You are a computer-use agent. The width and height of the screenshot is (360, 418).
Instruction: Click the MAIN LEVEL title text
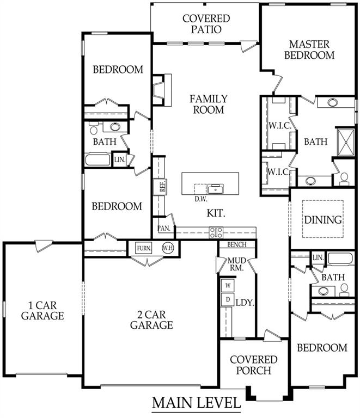tap(197, 403)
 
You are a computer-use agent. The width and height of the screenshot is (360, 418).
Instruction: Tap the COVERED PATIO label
tap(206, 24)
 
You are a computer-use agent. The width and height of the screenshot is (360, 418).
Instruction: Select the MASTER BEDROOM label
tap(309, 50)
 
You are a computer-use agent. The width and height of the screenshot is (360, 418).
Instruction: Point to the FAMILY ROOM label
tap(209, 104)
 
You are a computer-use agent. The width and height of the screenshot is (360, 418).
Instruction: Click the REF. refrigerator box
tap(163, 186)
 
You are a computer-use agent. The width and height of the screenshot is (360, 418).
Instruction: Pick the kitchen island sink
tap(216, 188)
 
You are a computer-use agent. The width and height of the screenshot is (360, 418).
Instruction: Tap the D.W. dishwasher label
tap(201, 199)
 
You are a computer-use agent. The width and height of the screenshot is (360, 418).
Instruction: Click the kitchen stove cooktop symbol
tap(216, 232)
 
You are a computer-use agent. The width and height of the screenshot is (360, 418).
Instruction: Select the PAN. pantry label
tap(164, 228)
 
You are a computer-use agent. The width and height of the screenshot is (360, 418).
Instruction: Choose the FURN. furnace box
tap(144, 248)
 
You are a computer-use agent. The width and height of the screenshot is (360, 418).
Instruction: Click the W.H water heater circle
tap(168, 248)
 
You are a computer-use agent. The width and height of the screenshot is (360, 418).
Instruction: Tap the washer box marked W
tap(228, 286)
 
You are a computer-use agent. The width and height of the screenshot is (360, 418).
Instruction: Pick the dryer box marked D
tap(228, 300)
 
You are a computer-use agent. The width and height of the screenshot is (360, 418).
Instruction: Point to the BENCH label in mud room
tap(237, 244)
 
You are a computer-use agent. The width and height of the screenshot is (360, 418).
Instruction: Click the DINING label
tap(323, 220)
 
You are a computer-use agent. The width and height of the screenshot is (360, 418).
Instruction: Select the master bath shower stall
tap(346, 142)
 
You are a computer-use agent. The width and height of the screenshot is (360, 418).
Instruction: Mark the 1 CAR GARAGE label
tap(42, 311)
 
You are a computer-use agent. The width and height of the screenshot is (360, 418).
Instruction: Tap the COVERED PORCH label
tap(254, 365)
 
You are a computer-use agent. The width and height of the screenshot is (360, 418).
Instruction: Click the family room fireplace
tap(162, 90)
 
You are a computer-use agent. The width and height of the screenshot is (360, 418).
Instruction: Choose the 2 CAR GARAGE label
tap(151, 320)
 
